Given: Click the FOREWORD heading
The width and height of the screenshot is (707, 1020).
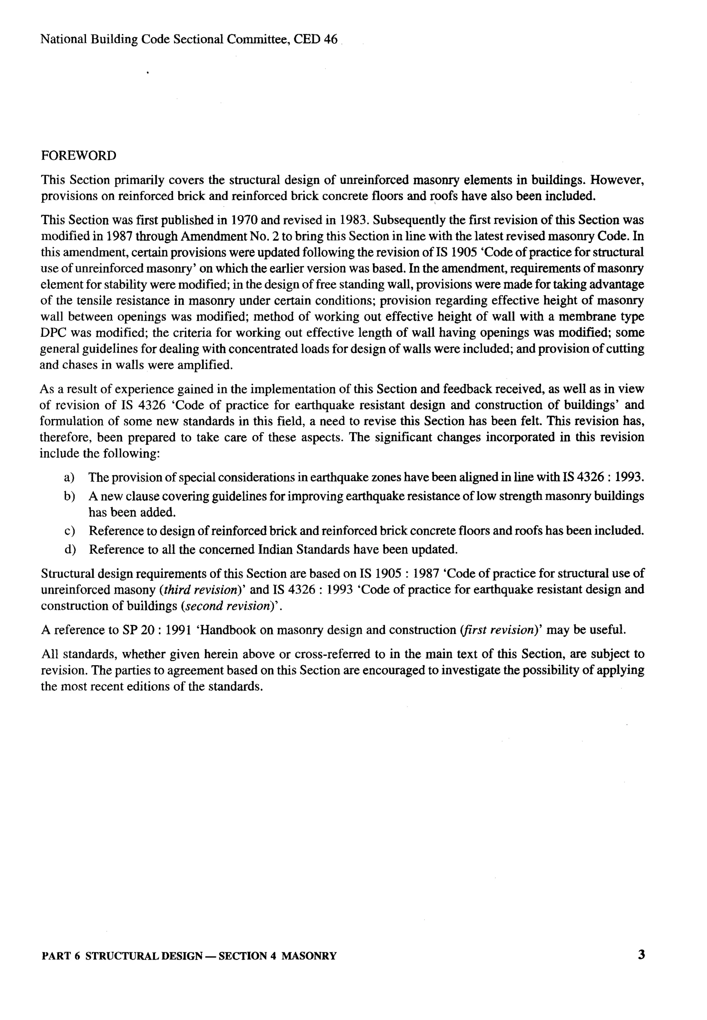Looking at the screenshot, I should coord(78,156).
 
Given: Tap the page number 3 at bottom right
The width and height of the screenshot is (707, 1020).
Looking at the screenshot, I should coord(641,954).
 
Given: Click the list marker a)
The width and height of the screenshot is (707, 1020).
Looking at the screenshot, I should coord(69,478).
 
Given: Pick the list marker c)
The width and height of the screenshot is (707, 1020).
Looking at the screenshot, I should coord(69,531).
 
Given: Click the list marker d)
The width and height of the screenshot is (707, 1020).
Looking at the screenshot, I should coord(69,550).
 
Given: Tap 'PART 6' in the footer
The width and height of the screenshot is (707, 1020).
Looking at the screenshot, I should coord(60,956).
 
